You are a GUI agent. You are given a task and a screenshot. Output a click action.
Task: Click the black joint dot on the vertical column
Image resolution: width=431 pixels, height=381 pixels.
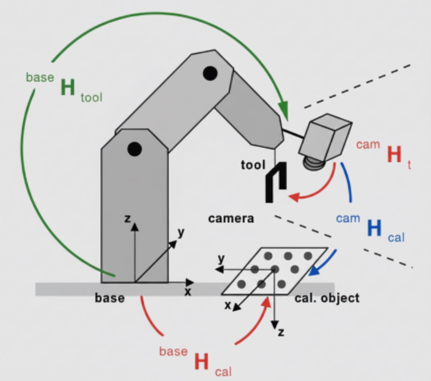tap(134, 149)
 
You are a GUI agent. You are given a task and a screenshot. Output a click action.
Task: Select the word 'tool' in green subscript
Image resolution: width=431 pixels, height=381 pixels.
tap(91, 98)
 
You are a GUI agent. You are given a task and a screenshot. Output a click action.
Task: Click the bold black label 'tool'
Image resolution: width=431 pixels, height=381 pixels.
tap(253, 165)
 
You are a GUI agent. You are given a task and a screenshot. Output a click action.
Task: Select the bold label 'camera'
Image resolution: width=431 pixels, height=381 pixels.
tap(231, 218)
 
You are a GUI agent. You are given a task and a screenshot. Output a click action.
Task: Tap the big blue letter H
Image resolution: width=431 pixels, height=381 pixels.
tap(374, 229)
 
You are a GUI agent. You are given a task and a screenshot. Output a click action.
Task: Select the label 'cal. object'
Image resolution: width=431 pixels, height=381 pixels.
tap(327, 298)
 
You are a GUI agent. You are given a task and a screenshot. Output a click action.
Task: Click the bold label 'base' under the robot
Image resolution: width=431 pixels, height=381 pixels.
tap(109, 298)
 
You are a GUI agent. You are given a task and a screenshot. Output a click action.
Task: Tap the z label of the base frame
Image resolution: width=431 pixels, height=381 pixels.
tap(128, 218)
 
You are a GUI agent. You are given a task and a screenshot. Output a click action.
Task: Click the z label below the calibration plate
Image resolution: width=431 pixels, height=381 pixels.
tap(281, 333)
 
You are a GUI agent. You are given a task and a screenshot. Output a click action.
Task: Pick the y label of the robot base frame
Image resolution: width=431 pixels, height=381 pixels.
tap(181, 233)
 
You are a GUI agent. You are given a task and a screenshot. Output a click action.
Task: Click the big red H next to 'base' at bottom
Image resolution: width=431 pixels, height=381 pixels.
tap(202, 362)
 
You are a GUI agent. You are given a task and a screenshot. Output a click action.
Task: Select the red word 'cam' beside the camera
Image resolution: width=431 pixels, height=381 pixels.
tap(368, 144)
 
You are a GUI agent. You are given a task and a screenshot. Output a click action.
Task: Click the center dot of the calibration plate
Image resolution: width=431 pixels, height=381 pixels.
tap(275, 269)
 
